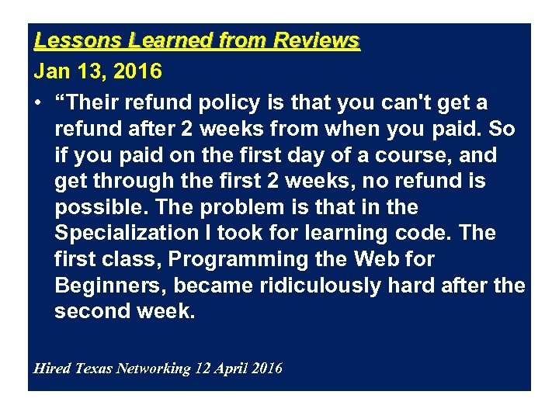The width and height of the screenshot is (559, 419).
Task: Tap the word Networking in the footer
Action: tap(153, 368)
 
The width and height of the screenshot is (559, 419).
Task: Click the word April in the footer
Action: tap(231, 368)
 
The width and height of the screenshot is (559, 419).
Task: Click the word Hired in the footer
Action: tap(52, 368)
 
